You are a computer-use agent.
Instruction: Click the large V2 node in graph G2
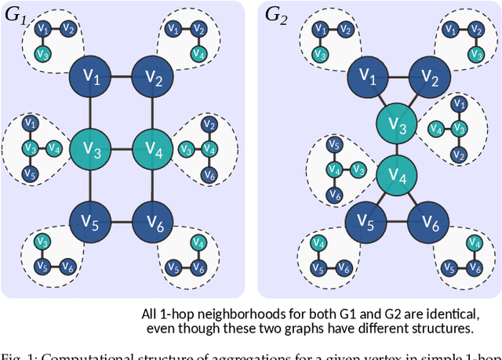click(429, 77)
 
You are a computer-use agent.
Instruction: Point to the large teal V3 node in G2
click(397, 125)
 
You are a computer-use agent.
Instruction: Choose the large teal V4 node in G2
click(397, 176)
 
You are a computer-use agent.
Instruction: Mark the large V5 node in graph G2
click(365, 223)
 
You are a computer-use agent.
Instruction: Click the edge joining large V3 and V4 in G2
click(397, 151)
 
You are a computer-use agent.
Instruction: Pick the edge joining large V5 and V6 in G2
click(397, 223)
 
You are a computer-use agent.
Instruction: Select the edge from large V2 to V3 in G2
click(414, 100)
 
